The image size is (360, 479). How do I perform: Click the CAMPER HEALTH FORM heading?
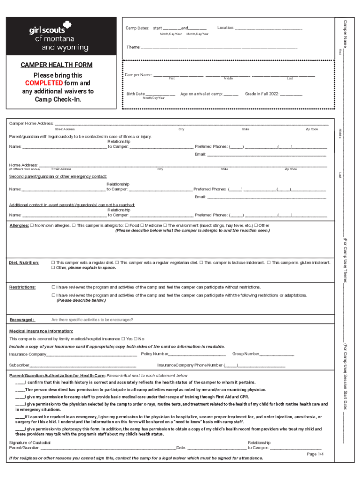coord(56,65)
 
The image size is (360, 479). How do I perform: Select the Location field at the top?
coord(268,29)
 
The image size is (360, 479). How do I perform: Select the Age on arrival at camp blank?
coord(231,94)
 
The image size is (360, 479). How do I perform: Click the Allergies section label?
coord(19,225)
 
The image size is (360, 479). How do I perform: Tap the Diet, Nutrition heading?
coord(24,263)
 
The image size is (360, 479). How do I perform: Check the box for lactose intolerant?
coord(202,263)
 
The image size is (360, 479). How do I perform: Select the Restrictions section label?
coord(22,287)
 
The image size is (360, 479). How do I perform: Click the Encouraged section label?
coord(22,320)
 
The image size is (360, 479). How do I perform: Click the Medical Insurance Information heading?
coord(41,331)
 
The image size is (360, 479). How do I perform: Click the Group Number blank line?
coord(277,355)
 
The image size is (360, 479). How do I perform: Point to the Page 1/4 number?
coord(315,454)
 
